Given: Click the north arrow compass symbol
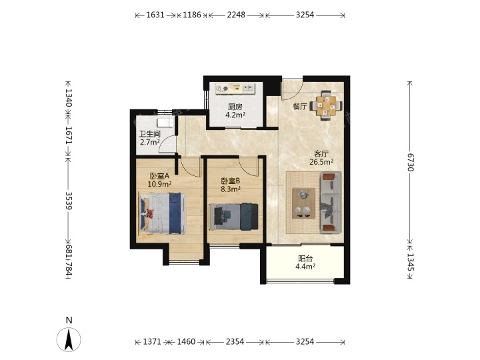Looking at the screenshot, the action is coord(69,339).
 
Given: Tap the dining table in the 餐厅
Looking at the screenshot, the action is coord(326,106).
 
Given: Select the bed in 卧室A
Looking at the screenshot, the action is coord(162,213).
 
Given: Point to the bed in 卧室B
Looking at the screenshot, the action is coord(233,217).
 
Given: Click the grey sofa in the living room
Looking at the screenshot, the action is coord(331,203).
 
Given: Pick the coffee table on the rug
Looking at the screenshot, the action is coord(304,203).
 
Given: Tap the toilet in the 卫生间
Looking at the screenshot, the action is coord(165,123).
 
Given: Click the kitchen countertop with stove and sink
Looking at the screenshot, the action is coord(235,89).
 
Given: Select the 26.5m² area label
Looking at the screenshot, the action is coord(321,162).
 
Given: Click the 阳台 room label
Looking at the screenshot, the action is coord(305,259).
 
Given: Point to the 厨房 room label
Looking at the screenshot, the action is coord(235,107).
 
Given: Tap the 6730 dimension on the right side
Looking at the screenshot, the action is coord(411,162).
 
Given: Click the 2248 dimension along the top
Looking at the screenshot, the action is coord(236,15).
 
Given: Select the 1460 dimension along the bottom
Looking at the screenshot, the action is coord(186,341).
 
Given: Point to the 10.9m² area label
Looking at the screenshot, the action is coord(159,184).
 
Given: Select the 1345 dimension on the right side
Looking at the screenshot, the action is coord(411,262).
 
